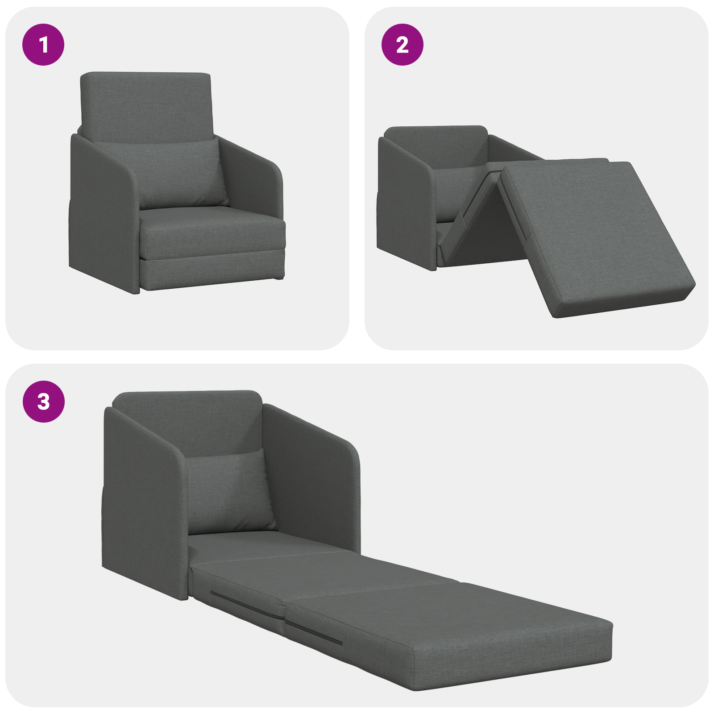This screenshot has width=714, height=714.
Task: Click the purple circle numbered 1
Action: [43, 45]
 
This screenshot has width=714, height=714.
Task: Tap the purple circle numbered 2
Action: [402, 45]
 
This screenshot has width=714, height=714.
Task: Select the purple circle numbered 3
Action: [43, 402]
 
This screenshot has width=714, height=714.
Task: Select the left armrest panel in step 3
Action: [143, 504]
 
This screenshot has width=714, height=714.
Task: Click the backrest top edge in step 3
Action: [187, 395]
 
